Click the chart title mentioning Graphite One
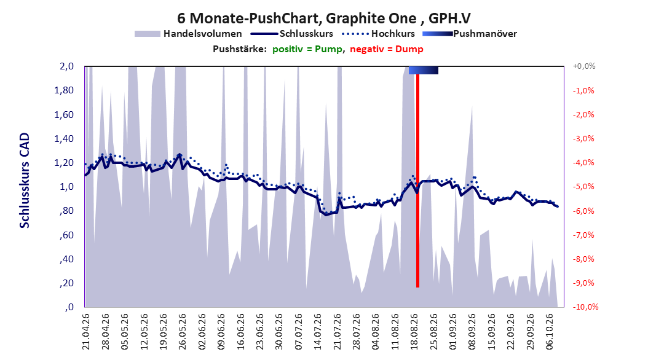pos(323,18)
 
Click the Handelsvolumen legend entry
pos(189,34)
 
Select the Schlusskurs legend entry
pos(292,34)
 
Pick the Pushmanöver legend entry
pos(470,34)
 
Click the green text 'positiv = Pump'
pos(307,49)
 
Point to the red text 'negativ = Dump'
pos(387,49)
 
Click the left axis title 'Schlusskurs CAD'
pos(25,180)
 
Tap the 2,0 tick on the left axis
pos(66,66)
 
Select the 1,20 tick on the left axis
pos(64,163)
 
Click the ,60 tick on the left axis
pos(66,235)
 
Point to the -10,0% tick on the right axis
pos(585,307)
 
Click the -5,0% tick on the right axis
pos(583,187)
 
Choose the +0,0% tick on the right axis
pos(584,66)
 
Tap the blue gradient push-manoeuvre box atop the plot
pos(423,70)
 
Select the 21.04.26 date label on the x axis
pos(85,332)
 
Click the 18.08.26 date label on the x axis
pos(414,332)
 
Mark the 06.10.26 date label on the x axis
pos(550,332)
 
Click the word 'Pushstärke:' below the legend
pos(240,49)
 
